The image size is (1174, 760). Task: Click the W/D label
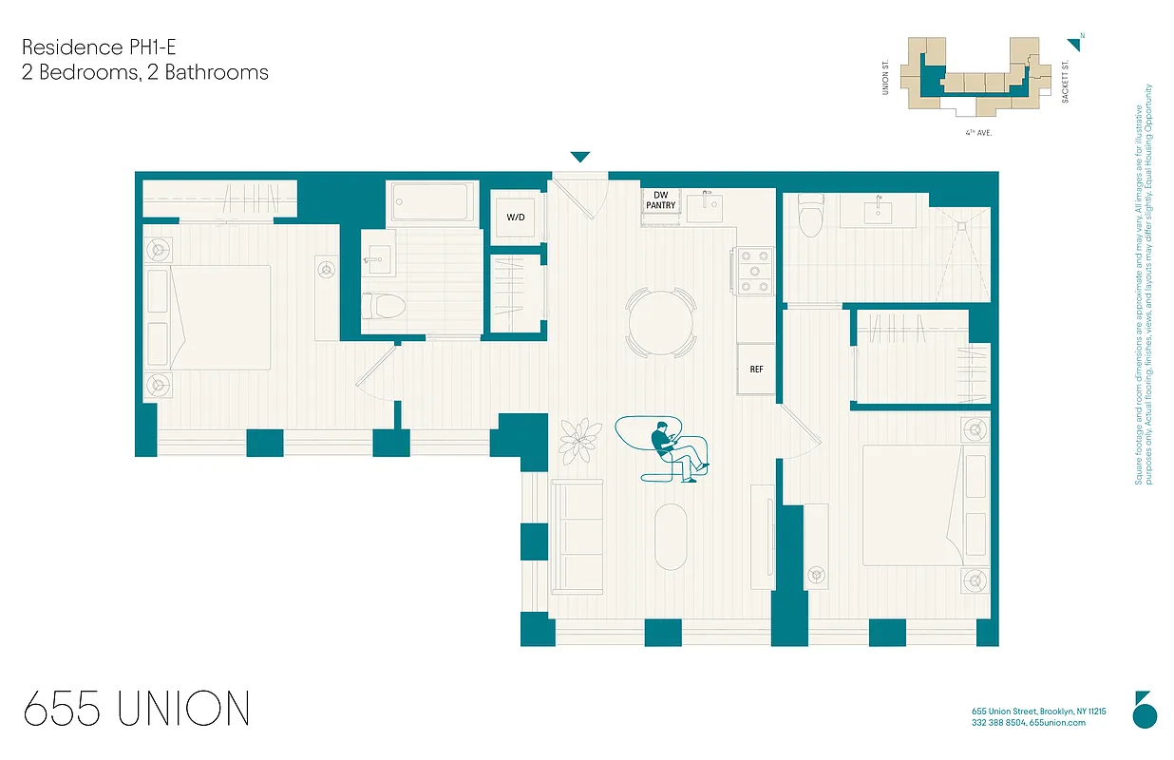(x=515, y=218)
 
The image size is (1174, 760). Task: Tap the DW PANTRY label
(x=660, y=200)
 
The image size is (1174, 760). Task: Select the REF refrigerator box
(x=756, y=369)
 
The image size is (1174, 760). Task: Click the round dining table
(x=660, y=322)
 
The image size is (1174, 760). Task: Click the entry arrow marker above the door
(x=579, y=157)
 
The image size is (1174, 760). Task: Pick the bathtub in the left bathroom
(x=432, y=202)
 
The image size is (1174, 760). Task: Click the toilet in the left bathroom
(x=385, y=306)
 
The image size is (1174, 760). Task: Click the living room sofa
(x=577, y=537)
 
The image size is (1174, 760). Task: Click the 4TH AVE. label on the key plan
(x=978, y=133)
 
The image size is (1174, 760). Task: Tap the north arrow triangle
(x=1075, y=44)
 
